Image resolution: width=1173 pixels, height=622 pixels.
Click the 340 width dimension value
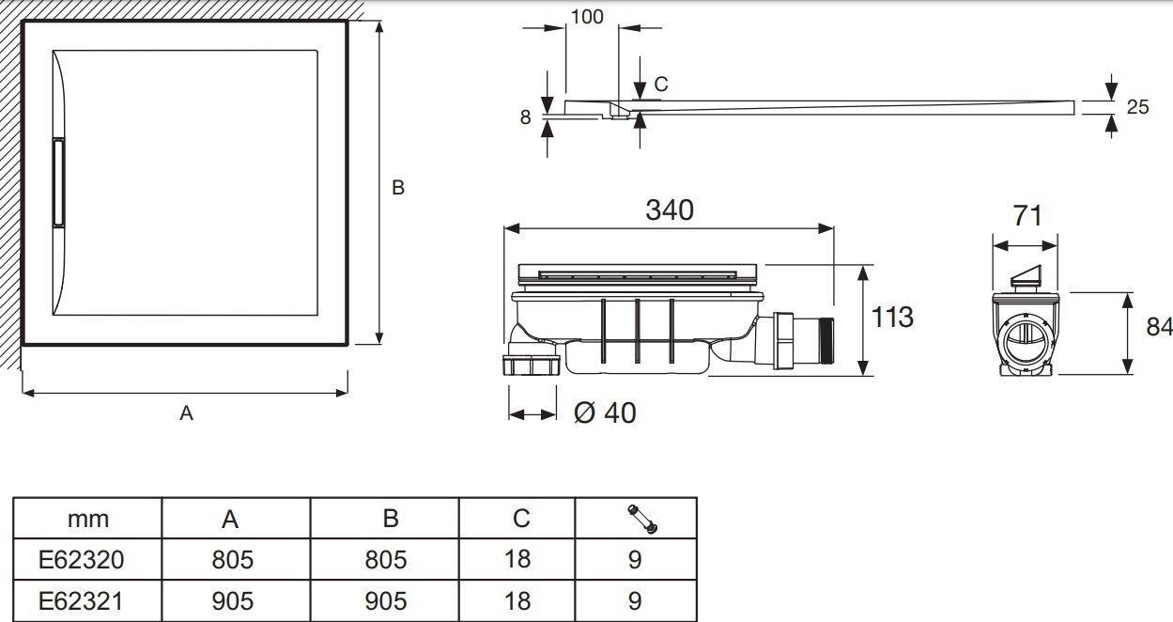point(669,210)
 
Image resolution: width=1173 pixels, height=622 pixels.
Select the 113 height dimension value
point(891,318)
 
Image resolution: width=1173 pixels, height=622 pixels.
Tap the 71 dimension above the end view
point(1028,215)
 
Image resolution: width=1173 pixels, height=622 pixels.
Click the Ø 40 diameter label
point(604,412)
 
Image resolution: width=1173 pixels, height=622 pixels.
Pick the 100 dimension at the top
point(586,17)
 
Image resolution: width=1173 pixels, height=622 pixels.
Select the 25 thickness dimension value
point(1137,107)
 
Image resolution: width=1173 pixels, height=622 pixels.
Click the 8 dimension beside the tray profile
point(526,117)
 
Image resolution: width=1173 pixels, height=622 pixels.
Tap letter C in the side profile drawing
point(661,85)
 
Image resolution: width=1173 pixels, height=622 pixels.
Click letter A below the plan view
point(186,412)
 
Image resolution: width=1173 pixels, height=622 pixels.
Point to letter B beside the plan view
point(397,188)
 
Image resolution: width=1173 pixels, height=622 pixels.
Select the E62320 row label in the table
point(81,560)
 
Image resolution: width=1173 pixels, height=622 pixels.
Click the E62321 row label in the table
point(81,600)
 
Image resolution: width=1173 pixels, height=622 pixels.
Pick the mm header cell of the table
point(88,519)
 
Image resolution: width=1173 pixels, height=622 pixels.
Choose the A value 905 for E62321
point(233,600)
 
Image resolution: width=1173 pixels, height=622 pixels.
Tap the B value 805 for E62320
point(385,560)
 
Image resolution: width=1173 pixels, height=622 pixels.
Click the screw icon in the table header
point(641,516)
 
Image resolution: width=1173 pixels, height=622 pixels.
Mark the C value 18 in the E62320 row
point(517,560)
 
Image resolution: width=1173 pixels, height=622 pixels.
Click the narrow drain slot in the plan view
point(58,183)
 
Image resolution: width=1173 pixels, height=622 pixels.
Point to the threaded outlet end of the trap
point(824,341)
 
